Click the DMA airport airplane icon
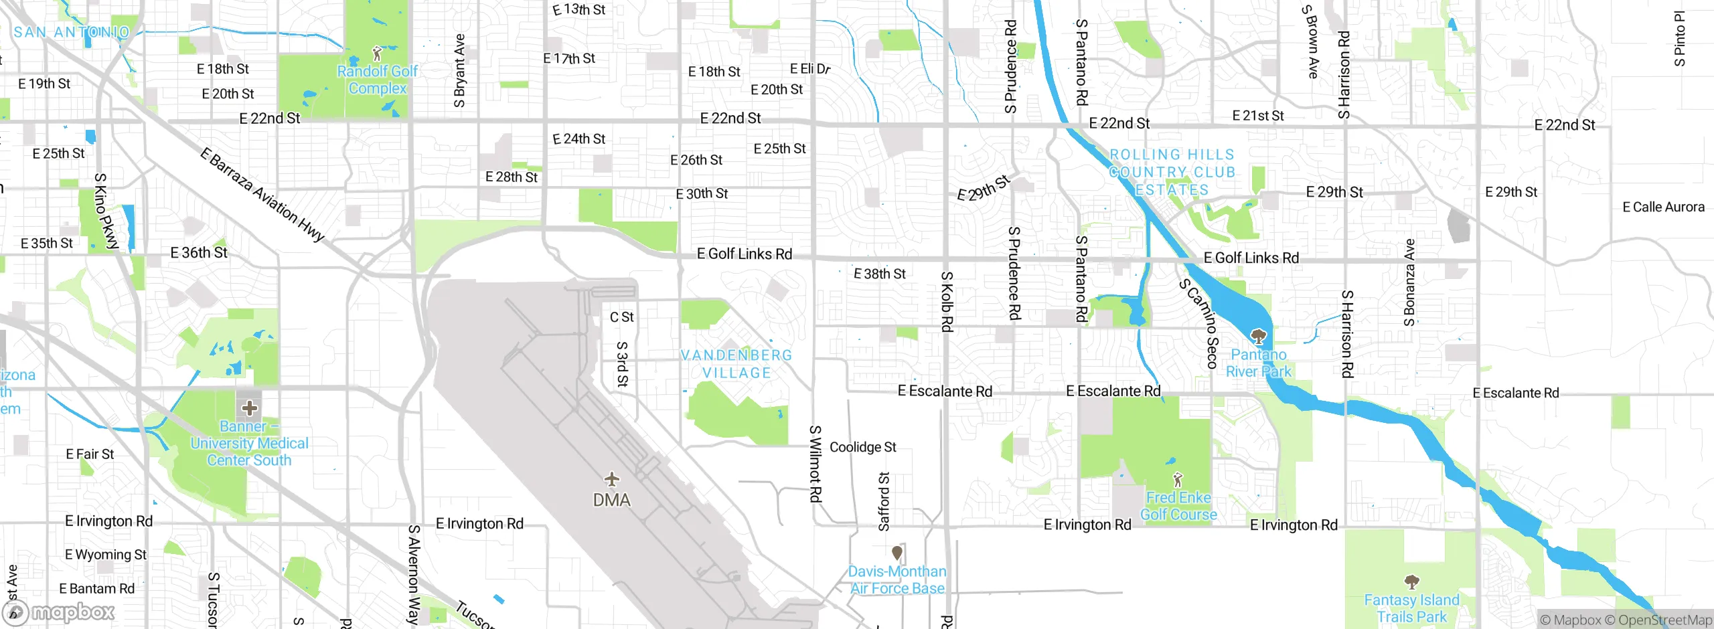coord(611,479)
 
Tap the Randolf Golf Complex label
coord(377,80)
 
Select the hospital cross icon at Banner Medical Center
coord(250,408)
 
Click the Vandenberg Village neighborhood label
coord(736,364)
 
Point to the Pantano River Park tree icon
coord(1259,336)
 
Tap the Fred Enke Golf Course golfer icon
coord(1178,479)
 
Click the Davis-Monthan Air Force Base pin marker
coord(897,553)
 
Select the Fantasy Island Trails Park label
coord(1411,608)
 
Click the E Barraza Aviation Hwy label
coord(262,195)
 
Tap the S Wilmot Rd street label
coord(815,464)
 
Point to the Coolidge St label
coord(862,447)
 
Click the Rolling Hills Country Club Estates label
coord(1172,173)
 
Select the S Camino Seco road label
coord(1198,324)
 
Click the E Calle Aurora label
coord(1663,207)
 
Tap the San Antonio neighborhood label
coord(72,32)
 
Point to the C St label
coord(621,317)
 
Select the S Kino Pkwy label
coord(105,211)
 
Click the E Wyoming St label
coord(106,555)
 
